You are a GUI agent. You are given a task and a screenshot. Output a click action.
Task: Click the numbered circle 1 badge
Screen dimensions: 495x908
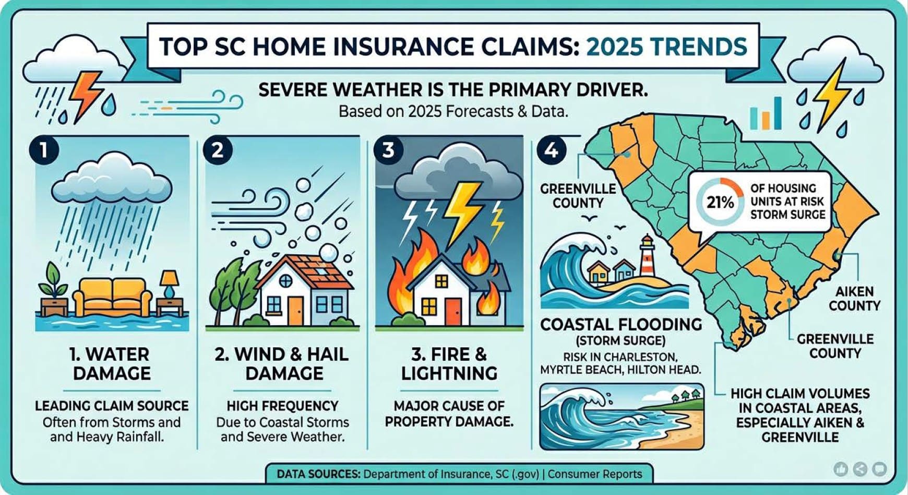pos(44,150)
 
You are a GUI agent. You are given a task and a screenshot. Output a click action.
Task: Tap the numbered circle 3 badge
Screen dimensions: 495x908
pos(388,150)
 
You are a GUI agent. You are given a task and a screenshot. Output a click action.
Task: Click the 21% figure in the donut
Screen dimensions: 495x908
pos(720,202)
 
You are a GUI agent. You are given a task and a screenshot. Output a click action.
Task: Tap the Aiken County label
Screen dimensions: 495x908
pos(854,298)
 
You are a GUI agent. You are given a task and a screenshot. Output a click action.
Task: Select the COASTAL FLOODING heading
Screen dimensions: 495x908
pos(621,324)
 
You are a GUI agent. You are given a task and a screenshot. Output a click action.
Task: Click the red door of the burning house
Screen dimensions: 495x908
pos(454,311)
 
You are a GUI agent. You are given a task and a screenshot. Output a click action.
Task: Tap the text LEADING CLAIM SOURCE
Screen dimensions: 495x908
pos(112,406)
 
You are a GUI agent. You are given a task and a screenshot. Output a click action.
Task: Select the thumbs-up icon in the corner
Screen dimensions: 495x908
pos(841,469)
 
